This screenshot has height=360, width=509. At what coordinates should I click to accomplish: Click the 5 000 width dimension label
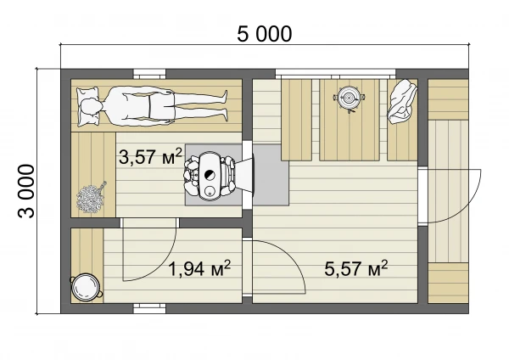(x=264, y=34)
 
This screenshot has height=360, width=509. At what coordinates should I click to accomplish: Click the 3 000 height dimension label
(x=26, y=191)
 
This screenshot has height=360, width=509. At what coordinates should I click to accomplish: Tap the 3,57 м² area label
(x=150, y=156)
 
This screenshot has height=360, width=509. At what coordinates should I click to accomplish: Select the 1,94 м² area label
(x=199, y=268)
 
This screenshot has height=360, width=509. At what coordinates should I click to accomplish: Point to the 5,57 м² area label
(x=356, y=268)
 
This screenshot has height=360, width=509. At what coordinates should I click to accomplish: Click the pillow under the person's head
(x=87, y=106)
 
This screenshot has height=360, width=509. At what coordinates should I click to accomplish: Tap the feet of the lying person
(x=222, y=106)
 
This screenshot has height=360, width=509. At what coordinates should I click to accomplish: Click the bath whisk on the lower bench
(x=91, y=198)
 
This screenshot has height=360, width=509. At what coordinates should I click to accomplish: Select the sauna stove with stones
(x=210, y=176)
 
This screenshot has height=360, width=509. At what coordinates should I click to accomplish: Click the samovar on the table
(x=350, y=97)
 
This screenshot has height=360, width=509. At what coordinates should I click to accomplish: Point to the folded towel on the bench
(x=402, y=101)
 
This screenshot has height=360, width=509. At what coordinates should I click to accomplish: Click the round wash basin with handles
(x=86, y=287)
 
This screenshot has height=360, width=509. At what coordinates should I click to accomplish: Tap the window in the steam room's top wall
(x=149, y=74)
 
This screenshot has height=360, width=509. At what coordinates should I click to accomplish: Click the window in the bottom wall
(x=149, y=309)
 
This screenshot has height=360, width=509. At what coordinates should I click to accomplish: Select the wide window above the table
(x=336, y=74)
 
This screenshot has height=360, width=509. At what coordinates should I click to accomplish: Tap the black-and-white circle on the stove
(x=210, y=175)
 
